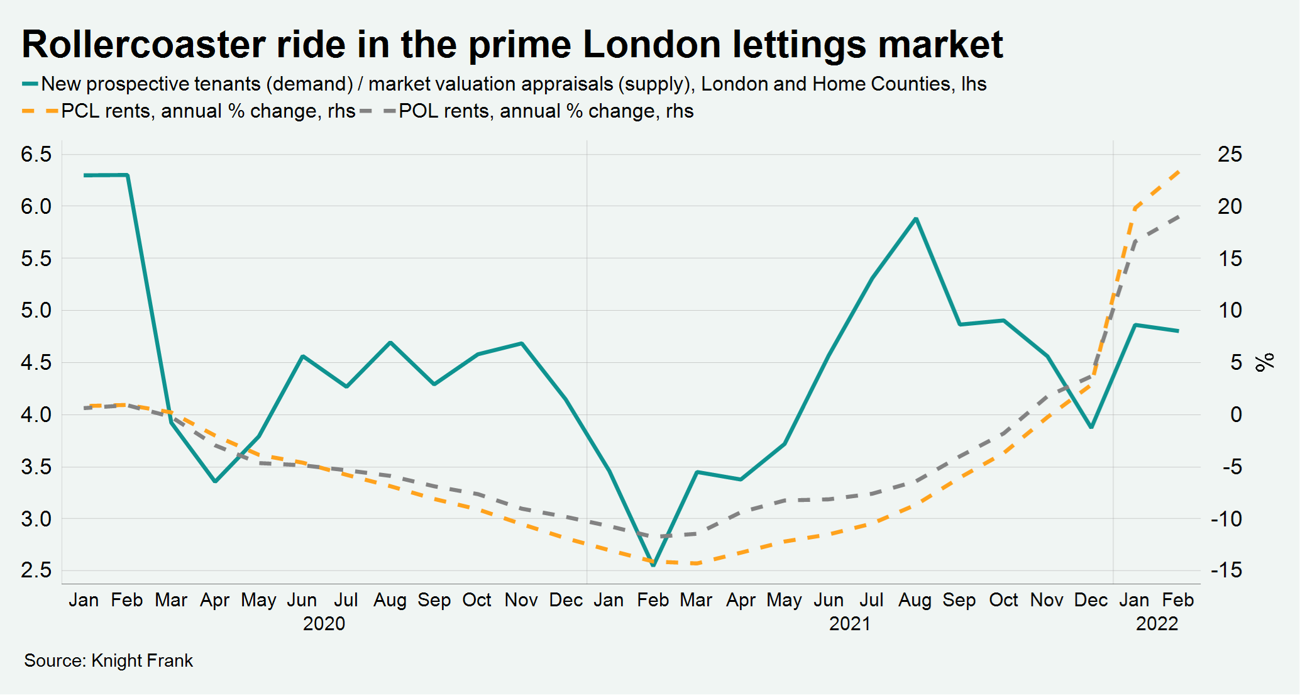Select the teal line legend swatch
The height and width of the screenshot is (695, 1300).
click(x=30, y=84)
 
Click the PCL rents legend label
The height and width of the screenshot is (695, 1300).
click(x=208, y=111)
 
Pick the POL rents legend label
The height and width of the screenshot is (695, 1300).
click(x=546, y=111)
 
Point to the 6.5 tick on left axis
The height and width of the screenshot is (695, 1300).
click(x=36, y=154)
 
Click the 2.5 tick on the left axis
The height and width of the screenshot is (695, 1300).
click(x=36, y=570)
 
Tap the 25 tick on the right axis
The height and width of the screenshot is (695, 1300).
click(x=1230, y=154)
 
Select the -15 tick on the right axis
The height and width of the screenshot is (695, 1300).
click(x=1226, y=570)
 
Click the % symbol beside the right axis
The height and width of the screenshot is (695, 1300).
click(x=1264, y=362)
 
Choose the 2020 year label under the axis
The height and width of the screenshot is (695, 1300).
click(x=324, y=623)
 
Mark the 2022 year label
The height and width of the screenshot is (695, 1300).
click(x=1157, y=623)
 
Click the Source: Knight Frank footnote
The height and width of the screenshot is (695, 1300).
click(x=108, y=660)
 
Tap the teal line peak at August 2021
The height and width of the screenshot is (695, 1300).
click(x=916, y=219)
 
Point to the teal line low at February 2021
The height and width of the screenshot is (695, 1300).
click(x=653, y=565)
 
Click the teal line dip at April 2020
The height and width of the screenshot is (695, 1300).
click(x=215, y=481)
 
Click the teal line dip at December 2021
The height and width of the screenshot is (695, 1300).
click(x=1091, y=427)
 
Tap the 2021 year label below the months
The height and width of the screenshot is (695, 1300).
click(x=849, y=623)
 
